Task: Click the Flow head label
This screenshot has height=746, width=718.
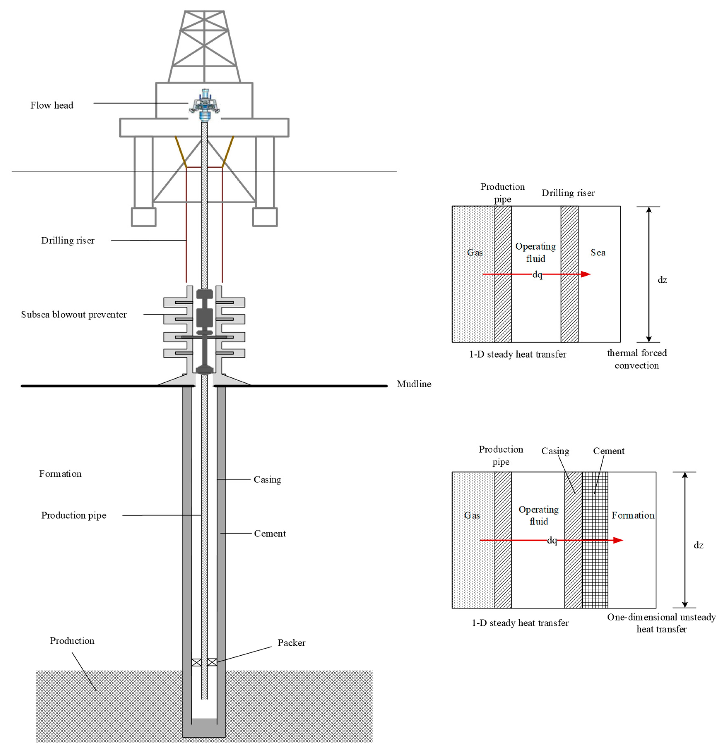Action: click(x=52, y=105)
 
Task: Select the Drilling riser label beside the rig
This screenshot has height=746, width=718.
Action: click(x=68, y=241)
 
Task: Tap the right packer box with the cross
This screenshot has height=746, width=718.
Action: click(x=212, y=662)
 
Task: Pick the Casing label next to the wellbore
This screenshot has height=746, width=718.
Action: click(x=267, y=480)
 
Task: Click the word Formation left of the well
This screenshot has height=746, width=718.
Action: click(x=60, y=474)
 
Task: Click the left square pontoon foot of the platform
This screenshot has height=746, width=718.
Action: click(x=144, y=217)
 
